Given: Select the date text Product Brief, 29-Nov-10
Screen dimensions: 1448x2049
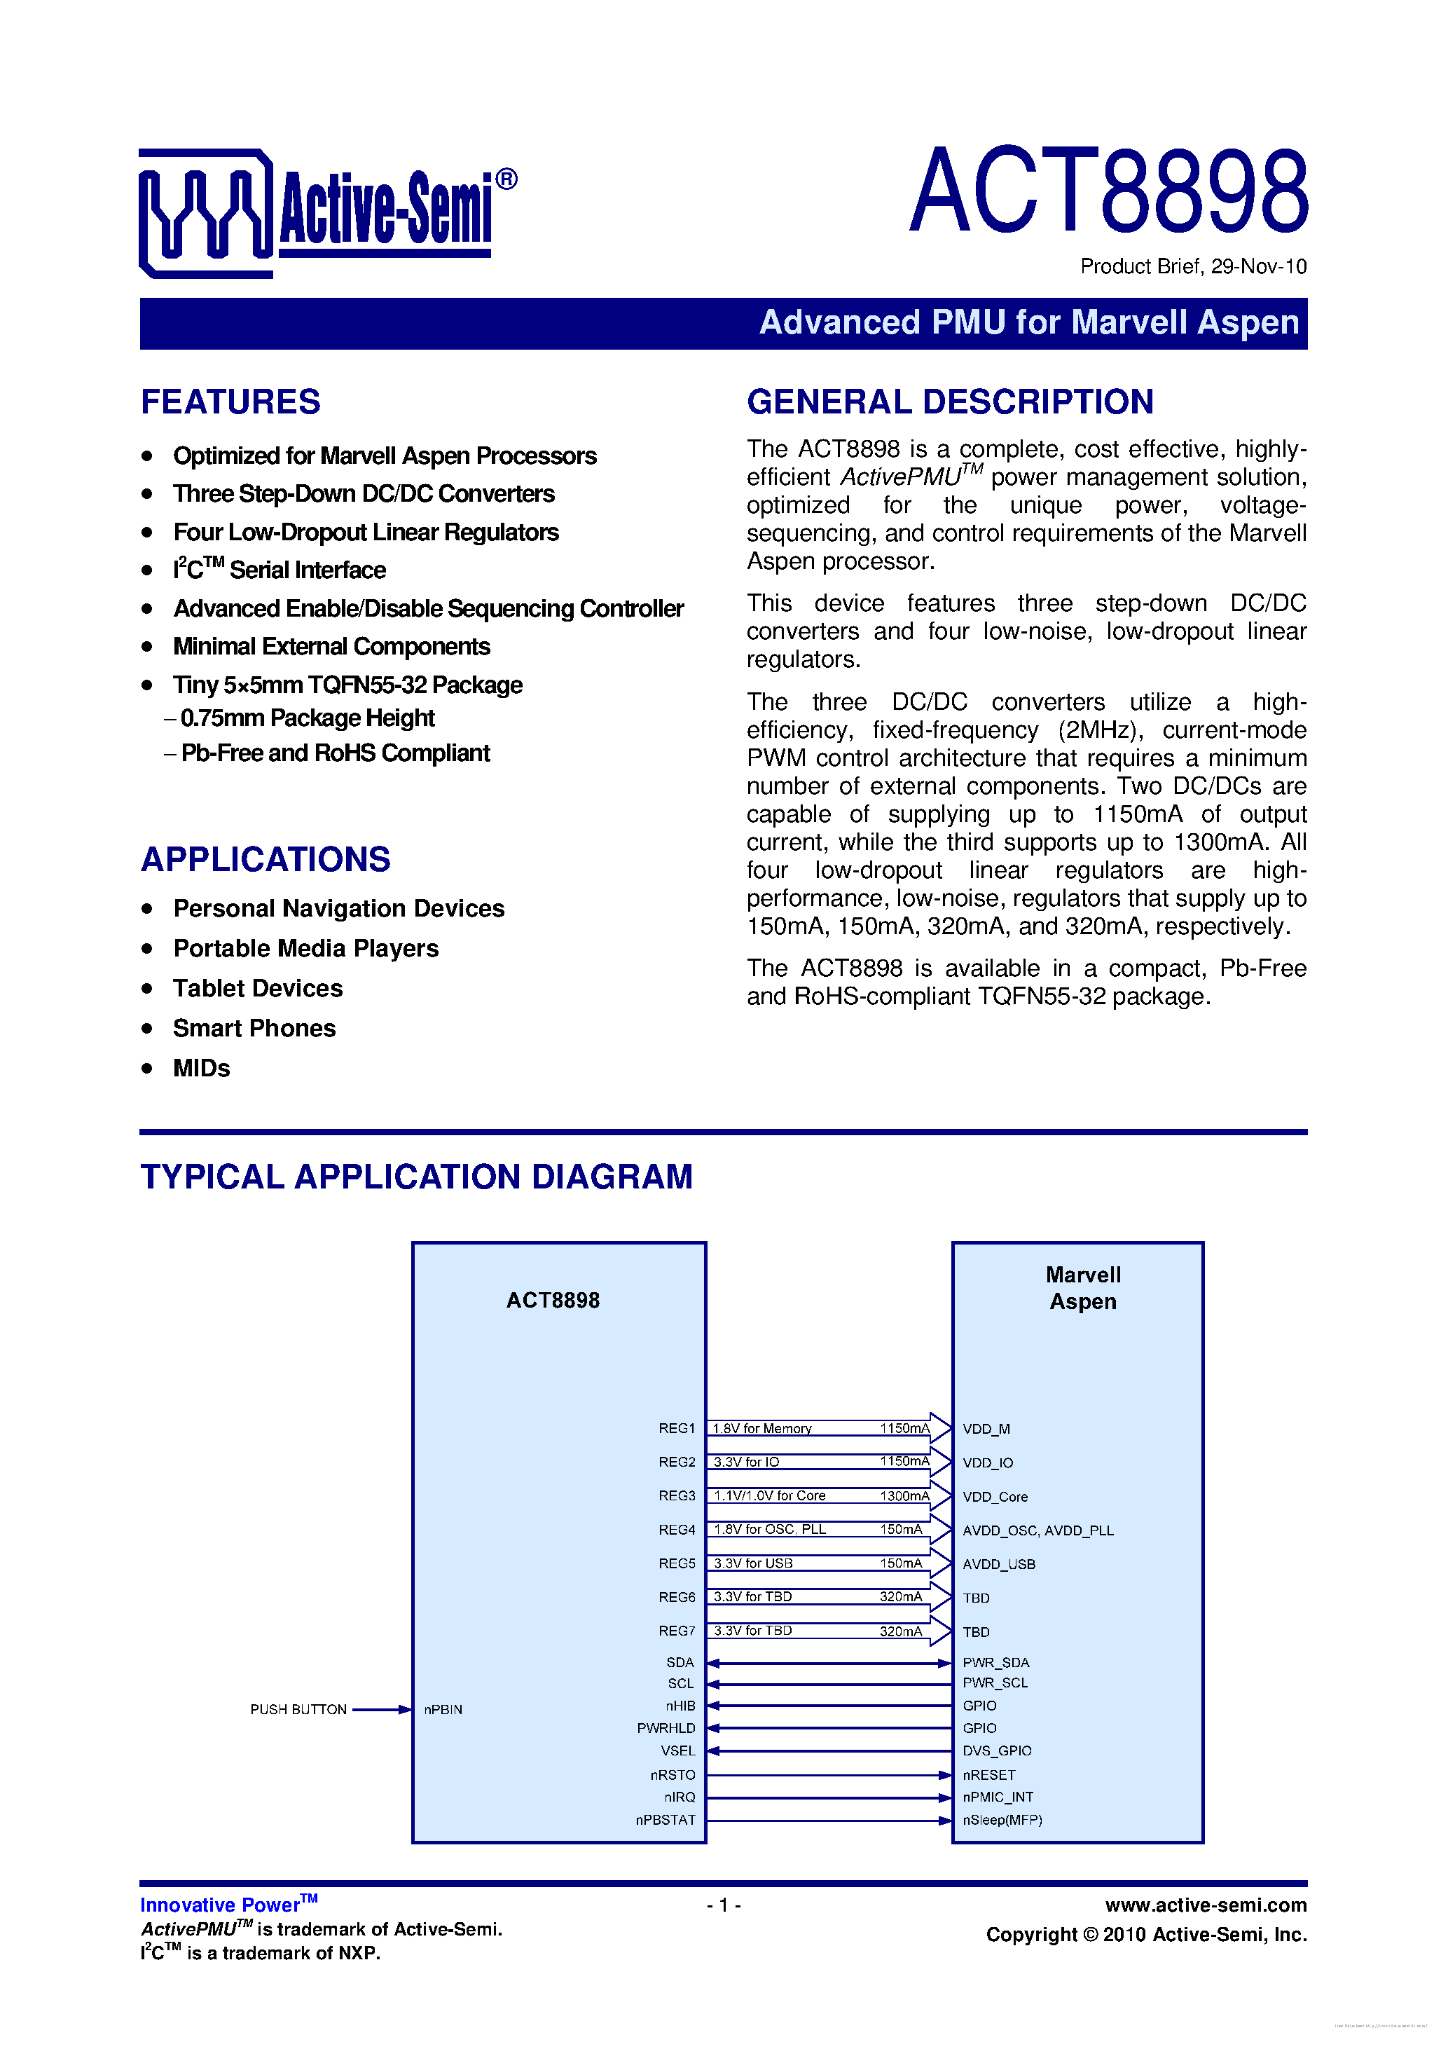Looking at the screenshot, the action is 1193,266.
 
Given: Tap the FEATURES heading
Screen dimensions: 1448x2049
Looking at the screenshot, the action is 230,402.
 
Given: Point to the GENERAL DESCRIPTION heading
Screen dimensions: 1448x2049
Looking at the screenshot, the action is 950,402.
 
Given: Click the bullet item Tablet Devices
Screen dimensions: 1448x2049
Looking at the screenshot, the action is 258,988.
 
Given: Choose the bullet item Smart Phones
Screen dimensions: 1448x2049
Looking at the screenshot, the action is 254,1028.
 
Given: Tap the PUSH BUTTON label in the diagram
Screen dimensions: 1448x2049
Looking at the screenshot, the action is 298,1709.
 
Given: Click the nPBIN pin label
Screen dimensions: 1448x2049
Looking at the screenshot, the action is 443,1710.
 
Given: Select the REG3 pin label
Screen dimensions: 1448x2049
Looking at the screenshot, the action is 676,1495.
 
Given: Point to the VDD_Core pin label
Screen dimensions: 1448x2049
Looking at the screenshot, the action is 995,1497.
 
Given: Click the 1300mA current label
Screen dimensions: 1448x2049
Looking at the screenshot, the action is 904,1495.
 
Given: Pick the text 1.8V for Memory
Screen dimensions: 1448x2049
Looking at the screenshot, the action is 762,1429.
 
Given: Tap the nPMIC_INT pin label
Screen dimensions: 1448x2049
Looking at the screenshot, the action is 998,1797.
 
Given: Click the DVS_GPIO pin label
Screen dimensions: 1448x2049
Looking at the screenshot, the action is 997,1751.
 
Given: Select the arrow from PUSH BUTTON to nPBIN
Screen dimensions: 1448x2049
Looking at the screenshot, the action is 382,1710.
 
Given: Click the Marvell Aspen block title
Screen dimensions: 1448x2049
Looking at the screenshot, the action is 1083,1288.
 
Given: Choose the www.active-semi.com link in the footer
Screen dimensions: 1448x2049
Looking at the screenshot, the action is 1206,1905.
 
